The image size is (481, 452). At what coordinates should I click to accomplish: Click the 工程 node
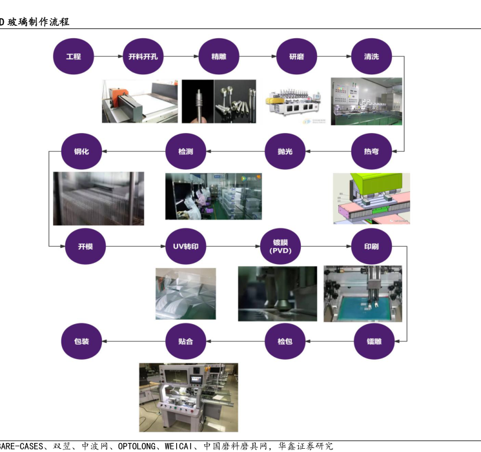pos(74,56)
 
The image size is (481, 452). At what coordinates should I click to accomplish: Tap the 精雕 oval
pos(219,56)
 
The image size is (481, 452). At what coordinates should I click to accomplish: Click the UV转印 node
pos(186,246)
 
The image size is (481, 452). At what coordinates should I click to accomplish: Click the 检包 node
pos(285,340)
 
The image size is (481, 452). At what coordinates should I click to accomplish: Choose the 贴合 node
pos(186,340)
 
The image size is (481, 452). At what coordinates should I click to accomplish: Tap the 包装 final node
pos(82,340)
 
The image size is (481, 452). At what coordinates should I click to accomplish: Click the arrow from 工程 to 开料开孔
pos(108,56)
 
